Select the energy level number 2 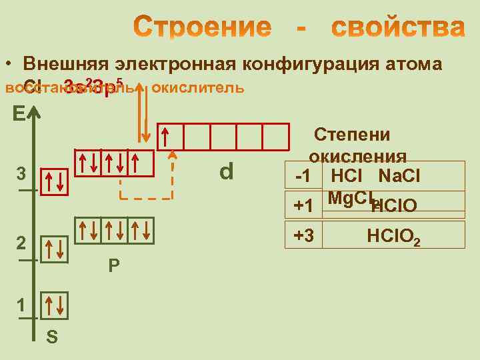tap(21, 243)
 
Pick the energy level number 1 tap(21, 306)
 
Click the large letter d tap(227, 172)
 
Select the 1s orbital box tap(53, 305)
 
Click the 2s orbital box tap(53, 248)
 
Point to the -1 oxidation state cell tap(303, 177)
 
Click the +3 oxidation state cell tap(303, 235)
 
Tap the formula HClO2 tap(393, 236)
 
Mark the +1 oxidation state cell tap(303, 206)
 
